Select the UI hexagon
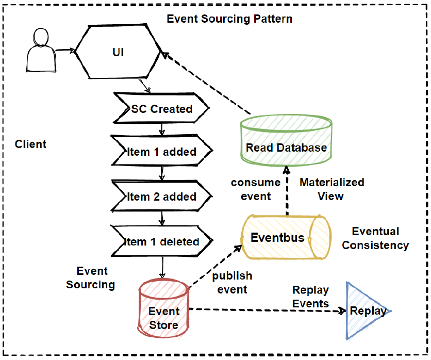coord(119,52)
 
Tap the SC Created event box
coord(161,109)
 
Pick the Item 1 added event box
coord(161,152)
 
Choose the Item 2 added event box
coord(161,197)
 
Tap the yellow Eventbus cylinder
coord(287,238)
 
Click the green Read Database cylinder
coord(286,141)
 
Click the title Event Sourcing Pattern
coord(229,19)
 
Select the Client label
coord(31,144)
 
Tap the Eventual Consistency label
coord(375,238)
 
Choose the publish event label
coord(232,282)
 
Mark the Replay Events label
coord(310,297)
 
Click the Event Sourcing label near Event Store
coord(91,277)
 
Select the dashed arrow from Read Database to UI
coord(206,83)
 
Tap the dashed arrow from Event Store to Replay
coord(268,310)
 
